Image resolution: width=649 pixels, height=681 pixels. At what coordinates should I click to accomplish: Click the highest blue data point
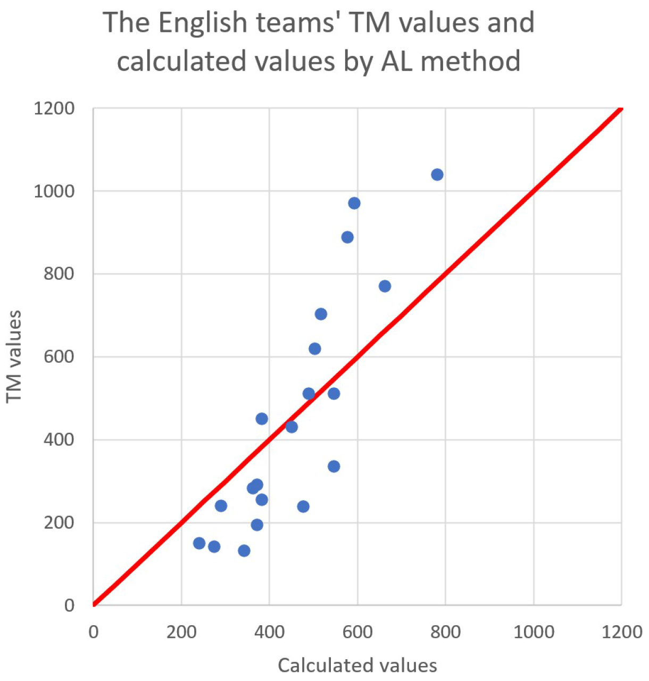click(437, 175)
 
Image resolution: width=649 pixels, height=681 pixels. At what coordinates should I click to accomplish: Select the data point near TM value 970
click(354, 203)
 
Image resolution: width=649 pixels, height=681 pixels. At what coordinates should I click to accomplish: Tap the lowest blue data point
click(244, 551)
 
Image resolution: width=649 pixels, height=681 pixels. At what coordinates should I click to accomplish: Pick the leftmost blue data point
click(199, 543)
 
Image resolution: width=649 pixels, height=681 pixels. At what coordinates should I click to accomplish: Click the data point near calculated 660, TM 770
click(385, 286)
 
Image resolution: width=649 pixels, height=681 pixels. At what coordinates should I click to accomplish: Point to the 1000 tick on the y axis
click(54, 191)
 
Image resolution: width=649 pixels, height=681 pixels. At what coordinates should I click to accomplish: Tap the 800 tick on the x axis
click(445, 632)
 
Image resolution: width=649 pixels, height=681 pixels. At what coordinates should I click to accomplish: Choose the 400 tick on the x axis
click(269, 632)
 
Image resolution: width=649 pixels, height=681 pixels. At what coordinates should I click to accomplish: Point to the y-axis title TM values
click(14, 357)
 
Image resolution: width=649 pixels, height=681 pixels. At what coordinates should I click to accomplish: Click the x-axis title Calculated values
click(357, 666)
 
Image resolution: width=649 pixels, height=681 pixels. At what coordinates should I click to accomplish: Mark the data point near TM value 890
click(347, 237)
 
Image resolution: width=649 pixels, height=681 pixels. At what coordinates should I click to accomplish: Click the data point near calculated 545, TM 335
click(334, 467)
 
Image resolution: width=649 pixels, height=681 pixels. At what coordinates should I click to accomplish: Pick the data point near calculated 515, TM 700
click(321, 314)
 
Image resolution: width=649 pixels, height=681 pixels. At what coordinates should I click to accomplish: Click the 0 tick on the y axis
click(69, 605)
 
